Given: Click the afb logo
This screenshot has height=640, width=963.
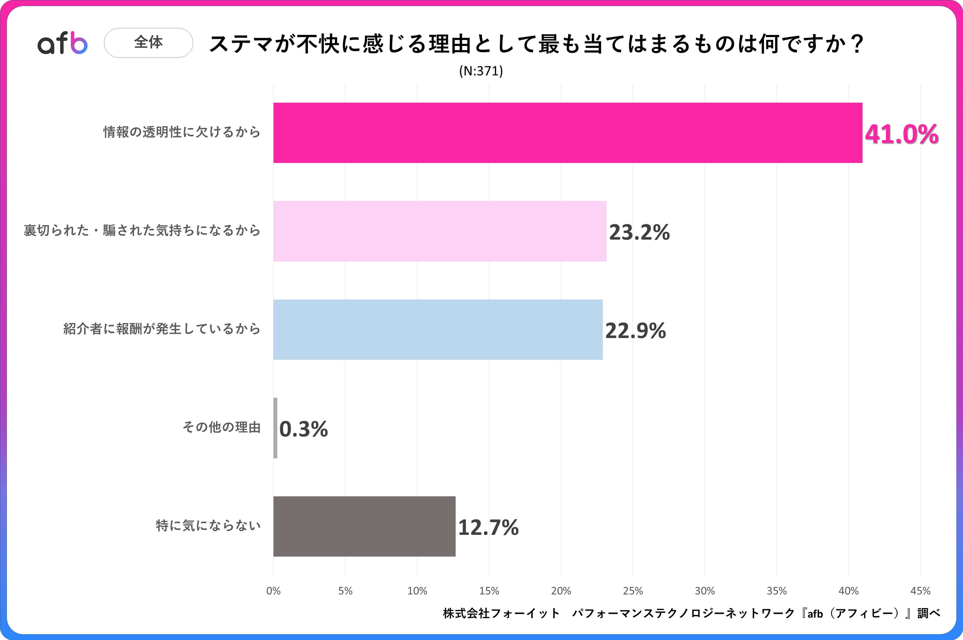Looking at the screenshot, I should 62,43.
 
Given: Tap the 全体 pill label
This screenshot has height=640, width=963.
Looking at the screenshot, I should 149,42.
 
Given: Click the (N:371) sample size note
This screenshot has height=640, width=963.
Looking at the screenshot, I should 481,71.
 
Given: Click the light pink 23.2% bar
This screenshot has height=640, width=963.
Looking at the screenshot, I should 440,231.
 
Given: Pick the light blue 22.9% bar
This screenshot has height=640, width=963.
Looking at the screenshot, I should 438,329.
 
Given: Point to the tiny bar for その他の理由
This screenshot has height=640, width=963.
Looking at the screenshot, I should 275,428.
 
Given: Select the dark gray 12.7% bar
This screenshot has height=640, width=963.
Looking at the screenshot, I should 364,526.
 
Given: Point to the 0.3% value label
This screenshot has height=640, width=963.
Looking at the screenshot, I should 303,429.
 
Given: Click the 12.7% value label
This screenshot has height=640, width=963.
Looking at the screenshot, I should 488,527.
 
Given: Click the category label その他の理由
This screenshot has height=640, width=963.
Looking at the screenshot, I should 221,427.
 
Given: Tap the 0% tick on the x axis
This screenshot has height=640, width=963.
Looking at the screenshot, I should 273,591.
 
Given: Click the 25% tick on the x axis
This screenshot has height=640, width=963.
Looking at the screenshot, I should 633,591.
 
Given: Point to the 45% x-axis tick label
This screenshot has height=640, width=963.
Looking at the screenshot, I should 920,591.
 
